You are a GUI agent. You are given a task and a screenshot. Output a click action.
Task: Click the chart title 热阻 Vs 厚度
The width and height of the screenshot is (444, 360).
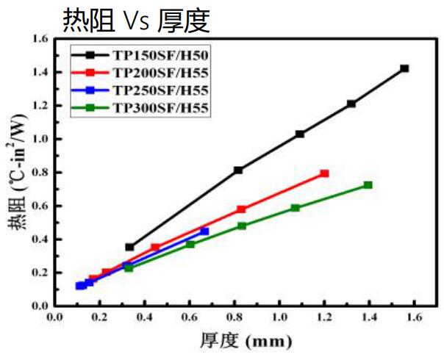(x=136, y=21)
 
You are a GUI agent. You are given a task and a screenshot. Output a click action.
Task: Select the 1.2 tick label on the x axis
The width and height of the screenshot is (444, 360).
(x=325, y=318)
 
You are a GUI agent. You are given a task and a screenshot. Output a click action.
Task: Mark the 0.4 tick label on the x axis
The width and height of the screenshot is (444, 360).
(x=144, y=318)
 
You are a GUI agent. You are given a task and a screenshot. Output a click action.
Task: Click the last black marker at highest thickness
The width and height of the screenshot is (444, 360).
(x=404, y=68)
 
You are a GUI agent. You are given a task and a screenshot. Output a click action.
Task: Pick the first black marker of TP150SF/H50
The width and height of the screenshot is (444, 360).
(x=129, y=247)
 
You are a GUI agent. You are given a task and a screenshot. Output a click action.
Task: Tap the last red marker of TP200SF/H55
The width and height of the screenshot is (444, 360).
(x=324, y=173)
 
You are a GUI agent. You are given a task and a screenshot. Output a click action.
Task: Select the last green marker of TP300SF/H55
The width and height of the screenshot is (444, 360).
(x=368, y=185)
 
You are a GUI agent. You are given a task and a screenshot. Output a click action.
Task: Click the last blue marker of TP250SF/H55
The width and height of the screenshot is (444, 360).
(x=204, y=231)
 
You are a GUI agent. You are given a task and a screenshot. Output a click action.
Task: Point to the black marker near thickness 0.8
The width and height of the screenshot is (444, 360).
(x=238, y=170)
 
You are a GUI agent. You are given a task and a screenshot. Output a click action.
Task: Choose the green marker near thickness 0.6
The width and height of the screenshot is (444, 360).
(x=190, y=244)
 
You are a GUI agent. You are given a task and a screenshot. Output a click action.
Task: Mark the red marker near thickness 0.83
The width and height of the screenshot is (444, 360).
(x=241, y=209)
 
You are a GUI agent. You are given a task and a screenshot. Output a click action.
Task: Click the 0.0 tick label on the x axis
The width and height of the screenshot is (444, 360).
(x=54, y=318)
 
